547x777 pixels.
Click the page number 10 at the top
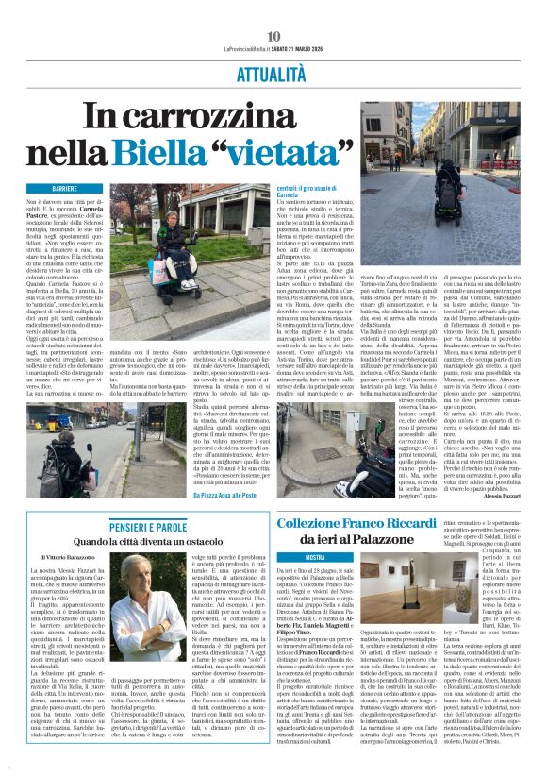coord(273,36)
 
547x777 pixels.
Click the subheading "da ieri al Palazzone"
coord(372,540)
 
